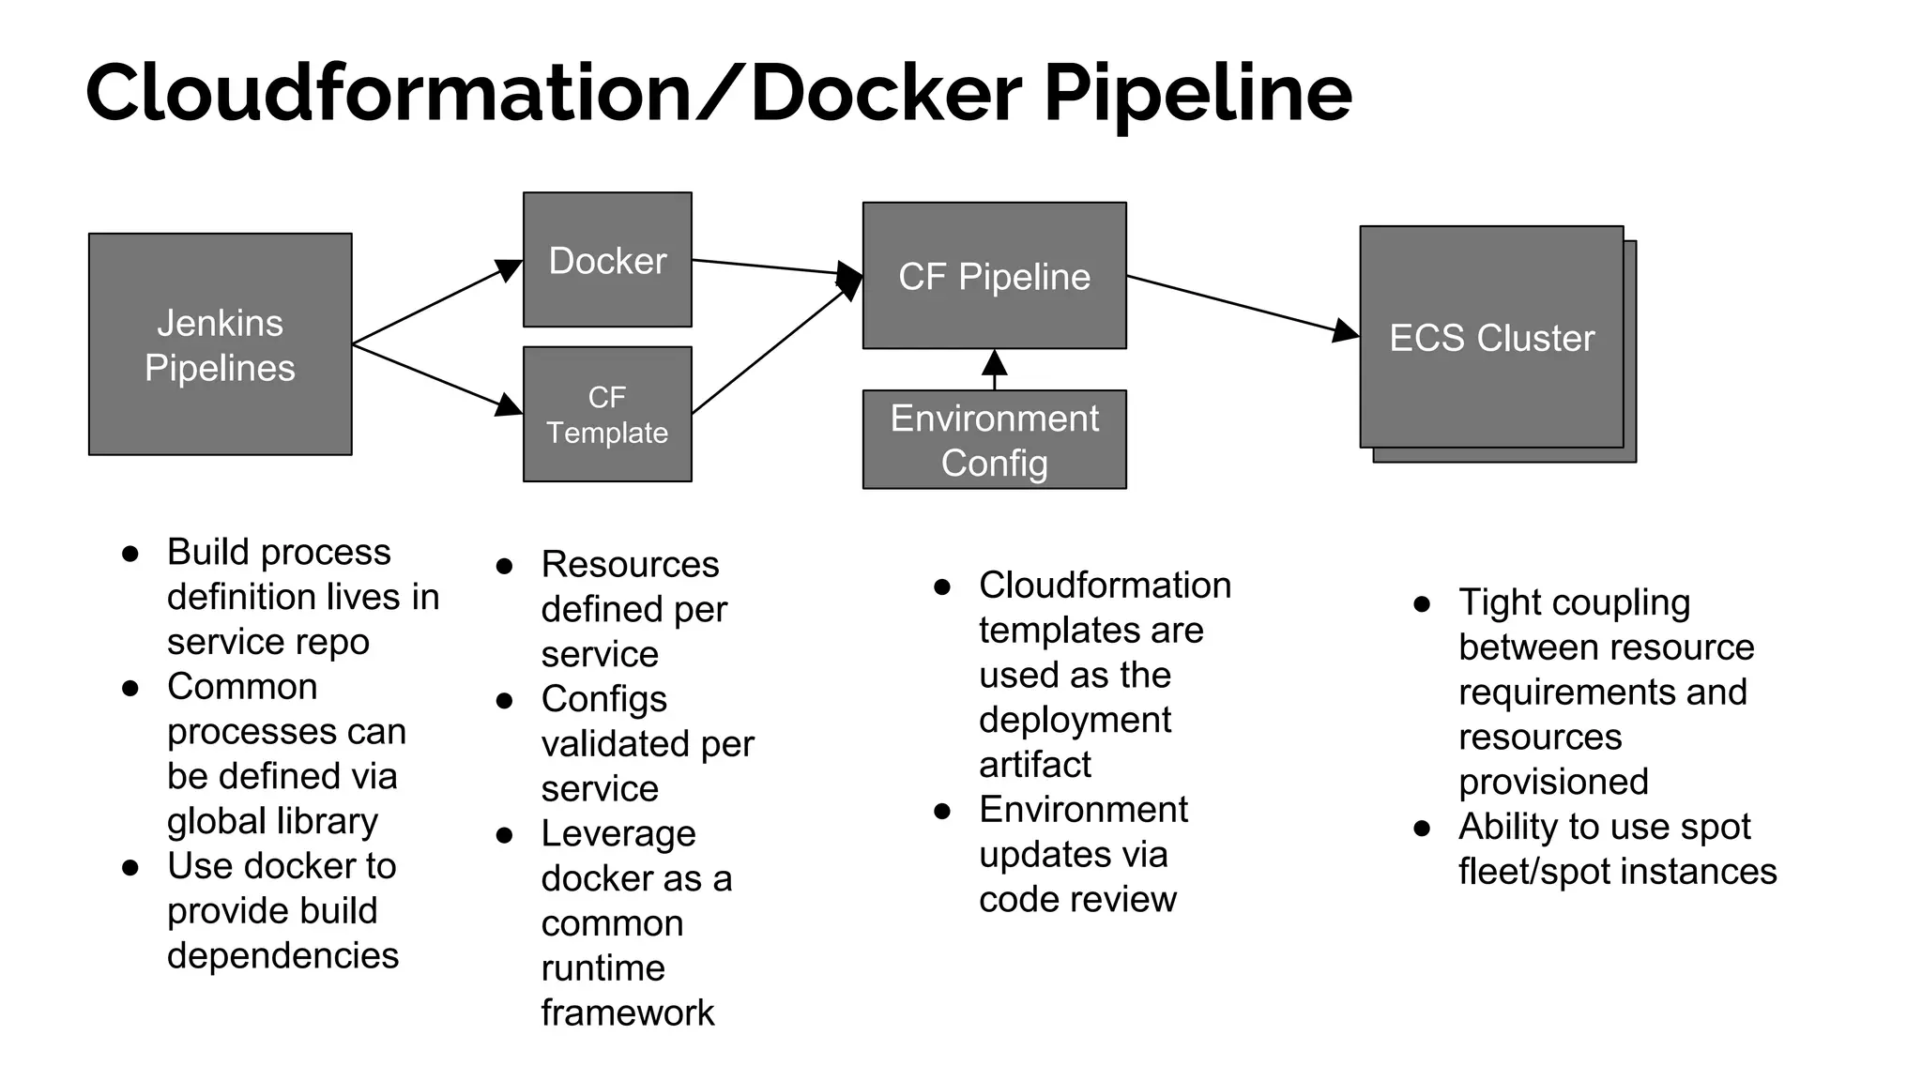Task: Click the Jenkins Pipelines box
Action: (220, 344)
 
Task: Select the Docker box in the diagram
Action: (607, 260)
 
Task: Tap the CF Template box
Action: (607, 415)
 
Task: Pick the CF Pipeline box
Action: (994, 276)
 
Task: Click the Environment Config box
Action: (994, 440)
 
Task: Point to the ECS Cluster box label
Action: (1491, 338)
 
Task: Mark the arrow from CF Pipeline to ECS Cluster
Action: (1239, 304)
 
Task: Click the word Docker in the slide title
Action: (885, 93)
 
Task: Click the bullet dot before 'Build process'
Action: (130, 554)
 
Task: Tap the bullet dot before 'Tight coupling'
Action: (1422, 604)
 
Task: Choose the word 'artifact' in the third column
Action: (1034, 765)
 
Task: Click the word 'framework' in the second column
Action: (627, 1013)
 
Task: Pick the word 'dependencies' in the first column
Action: (282, 956)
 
